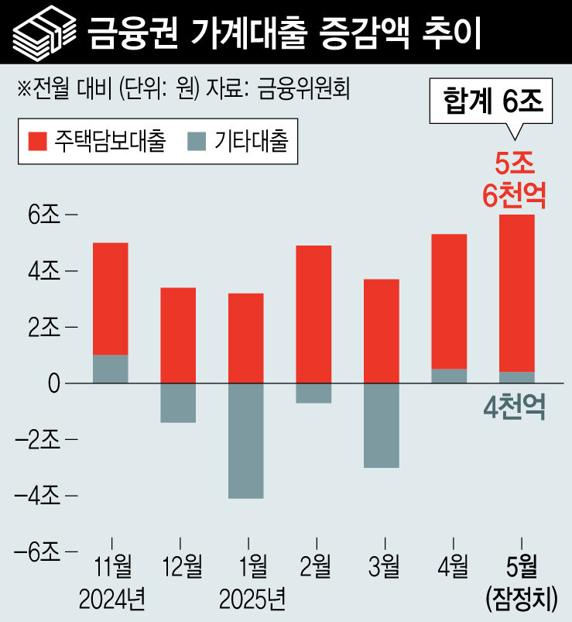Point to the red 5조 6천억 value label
pos(515,180)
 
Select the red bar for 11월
pos(110,298)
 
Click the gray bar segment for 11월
pos(110,369)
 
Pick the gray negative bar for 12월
pos(178,402)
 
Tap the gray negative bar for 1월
pos(245,440)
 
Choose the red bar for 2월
pos(313,314)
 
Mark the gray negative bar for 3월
pos(382,424)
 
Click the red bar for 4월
pos(449,301)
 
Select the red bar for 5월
pos(517,292)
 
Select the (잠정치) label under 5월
pos(519,599)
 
